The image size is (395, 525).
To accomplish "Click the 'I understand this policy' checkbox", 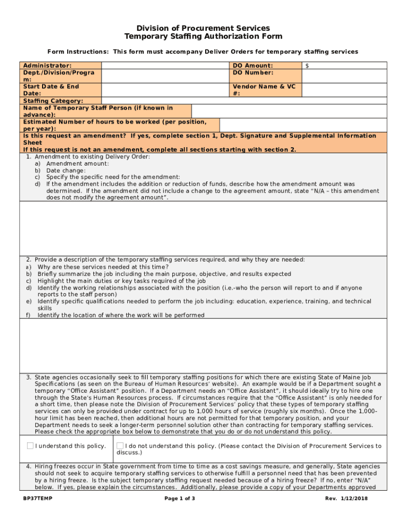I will [x=30, y=446].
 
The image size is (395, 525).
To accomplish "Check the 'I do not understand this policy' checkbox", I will [x=120, y=446].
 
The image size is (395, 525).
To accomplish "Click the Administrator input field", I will [x=166, y=66].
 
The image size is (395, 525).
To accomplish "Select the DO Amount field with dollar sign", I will [x=344, y=66].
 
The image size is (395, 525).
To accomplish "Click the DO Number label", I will [x=253, y=73].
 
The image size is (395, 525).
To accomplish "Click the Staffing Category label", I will [x=53, y=101].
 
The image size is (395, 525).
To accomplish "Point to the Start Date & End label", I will [x=51, y=87].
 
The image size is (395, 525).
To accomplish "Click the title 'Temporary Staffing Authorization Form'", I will [x=203, y=36].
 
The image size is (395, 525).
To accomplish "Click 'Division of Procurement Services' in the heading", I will [x=203, y=28].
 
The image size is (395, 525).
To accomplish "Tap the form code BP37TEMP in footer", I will [x=37, y=499].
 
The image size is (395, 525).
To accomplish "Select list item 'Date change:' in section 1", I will [x=66, y=170].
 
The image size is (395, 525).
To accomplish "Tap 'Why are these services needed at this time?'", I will [x=103, y=267].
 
